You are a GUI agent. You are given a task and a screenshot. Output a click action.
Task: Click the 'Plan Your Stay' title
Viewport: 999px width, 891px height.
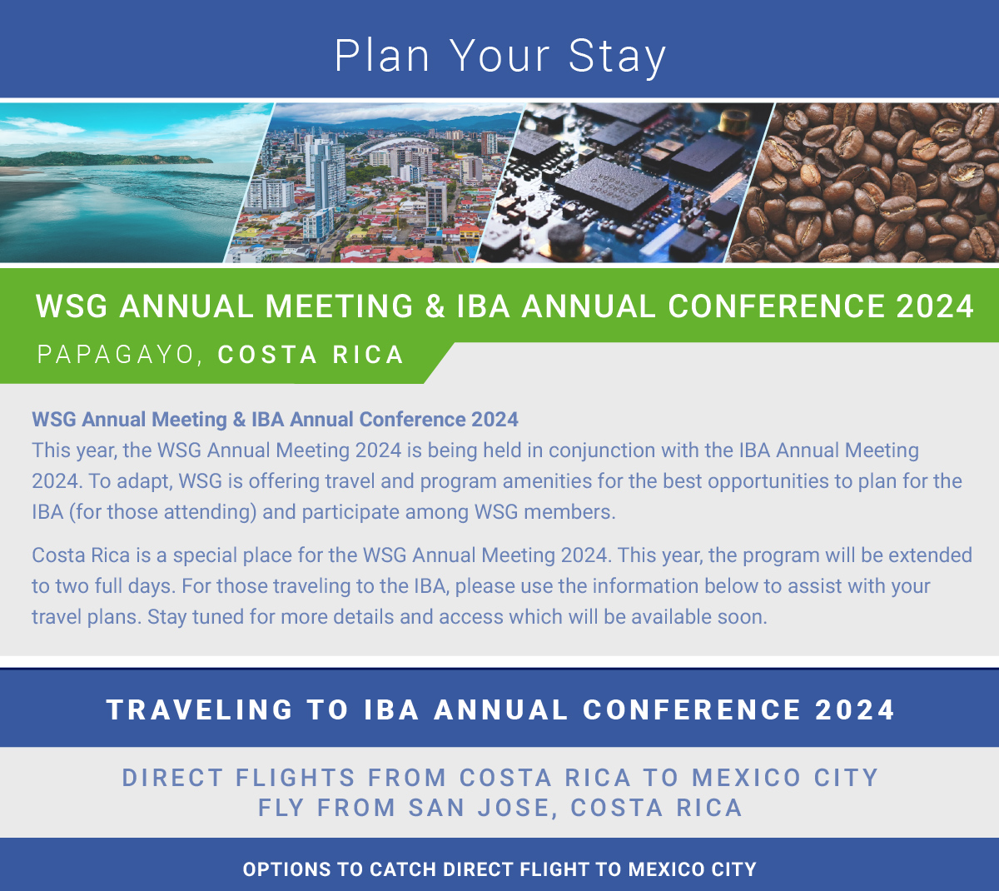click(499, 56)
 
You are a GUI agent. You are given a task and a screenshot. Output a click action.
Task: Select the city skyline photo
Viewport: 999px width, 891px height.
click(375, 183)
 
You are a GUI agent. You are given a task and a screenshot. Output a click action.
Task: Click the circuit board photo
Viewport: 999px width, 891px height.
click(624, 183)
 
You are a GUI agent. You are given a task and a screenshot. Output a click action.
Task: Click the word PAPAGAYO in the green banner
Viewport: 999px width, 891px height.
click(116, 355)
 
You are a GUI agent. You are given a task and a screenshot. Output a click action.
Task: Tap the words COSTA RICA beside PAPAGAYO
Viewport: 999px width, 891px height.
click(311, 355)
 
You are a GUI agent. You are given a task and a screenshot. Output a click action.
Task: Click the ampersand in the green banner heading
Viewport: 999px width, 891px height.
click(435, 306)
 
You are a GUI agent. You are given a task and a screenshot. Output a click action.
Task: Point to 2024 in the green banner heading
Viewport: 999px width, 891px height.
click(935, 306)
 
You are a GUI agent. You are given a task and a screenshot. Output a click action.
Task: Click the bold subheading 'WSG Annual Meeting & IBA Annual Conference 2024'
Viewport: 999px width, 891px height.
click(275, 419)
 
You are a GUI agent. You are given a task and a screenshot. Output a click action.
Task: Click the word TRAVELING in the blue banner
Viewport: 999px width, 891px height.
click(200, 709)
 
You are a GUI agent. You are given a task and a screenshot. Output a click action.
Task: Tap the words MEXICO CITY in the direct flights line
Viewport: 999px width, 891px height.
click(785, 778)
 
